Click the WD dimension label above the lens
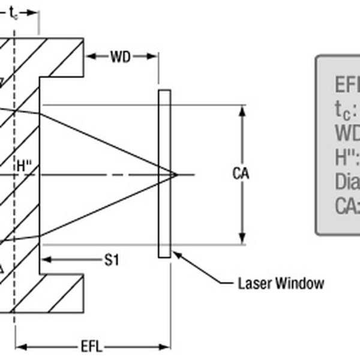(x=122, y=57)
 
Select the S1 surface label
(x=112, y=260)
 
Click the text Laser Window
(x=280, y=283)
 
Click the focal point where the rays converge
(x=176, y=175)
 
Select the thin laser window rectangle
(x=164, y=174)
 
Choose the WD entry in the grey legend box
(x=347, y=133)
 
